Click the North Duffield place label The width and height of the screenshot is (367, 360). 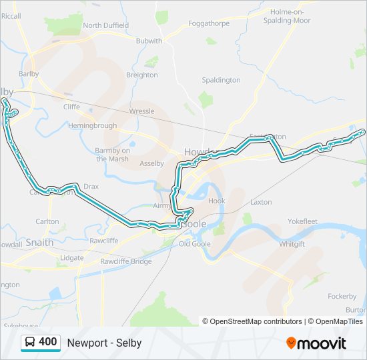pyautogui.click(x=105, y=25)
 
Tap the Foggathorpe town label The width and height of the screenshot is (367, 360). pyautogui.click(x=209, y=23)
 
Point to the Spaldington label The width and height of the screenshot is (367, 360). pyautogui.click(x=221, y=80)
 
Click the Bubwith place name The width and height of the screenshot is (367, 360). pyautogui.click(x=149, y=41)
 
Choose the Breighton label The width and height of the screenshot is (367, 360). pyautogui.click(x=142, y=75)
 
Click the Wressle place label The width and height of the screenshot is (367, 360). pyautogui.click(x=141, y=111)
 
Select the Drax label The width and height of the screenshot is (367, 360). pyautogui.click(x=91, y=187)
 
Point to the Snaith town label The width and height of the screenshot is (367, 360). pyautogui.click(x=39, y=243)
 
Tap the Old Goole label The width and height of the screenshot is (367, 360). pyautogui.click(x=195, y=244)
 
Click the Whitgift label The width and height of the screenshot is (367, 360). pyautogui.click(x=292, y=245)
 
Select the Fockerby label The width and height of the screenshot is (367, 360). pyautogui.click(x=342, y=296)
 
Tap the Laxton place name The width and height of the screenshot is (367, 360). pyautogui.click(x=261, y=201)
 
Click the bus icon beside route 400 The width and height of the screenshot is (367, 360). pyautogui.click(x=30, y=343)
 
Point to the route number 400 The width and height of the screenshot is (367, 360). pyautogui.click(x=47, y=342)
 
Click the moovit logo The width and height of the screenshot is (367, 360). pyautogui.click(x=316, y=343)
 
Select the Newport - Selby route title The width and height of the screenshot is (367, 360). pyautogui.click(x=104, y=343)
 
